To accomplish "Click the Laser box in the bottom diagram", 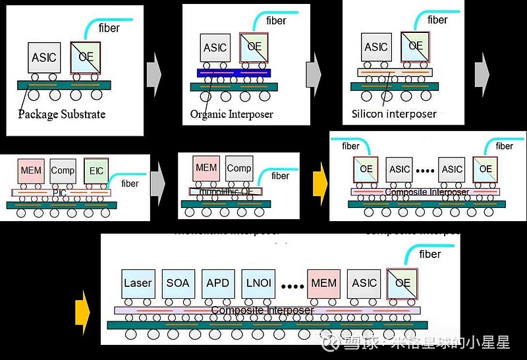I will click(x=138, y=283).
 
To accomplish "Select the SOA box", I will click(x=178, y=283).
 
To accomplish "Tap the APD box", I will click(x=218, y=283).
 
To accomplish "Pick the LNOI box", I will click(x=258, y=283).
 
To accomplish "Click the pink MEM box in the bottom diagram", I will click(x=323, y=283).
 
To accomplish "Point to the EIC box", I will click(x=96, y=171).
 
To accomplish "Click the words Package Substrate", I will click(x=61, y=114).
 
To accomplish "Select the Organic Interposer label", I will click(x=231, y=114).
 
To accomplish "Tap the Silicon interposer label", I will click(x=394, y=113).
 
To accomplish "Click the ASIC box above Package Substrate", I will click(x=44, y=57).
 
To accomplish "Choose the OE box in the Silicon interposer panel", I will click(x=416, y=46).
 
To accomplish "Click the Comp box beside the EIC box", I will click(x=63, y=170).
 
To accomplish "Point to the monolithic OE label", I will click(x=226, y=192).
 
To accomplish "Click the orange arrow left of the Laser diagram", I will click(x=82, y=309).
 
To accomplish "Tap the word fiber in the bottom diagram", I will click(x=430, y=254).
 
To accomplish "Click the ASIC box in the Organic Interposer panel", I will click(x=215, y=48).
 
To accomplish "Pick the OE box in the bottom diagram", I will click(x=402, y=283).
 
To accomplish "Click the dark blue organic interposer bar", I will click(x=235, y=72).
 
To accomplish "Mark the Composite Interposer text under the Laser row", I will click(x=262, y=310).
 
